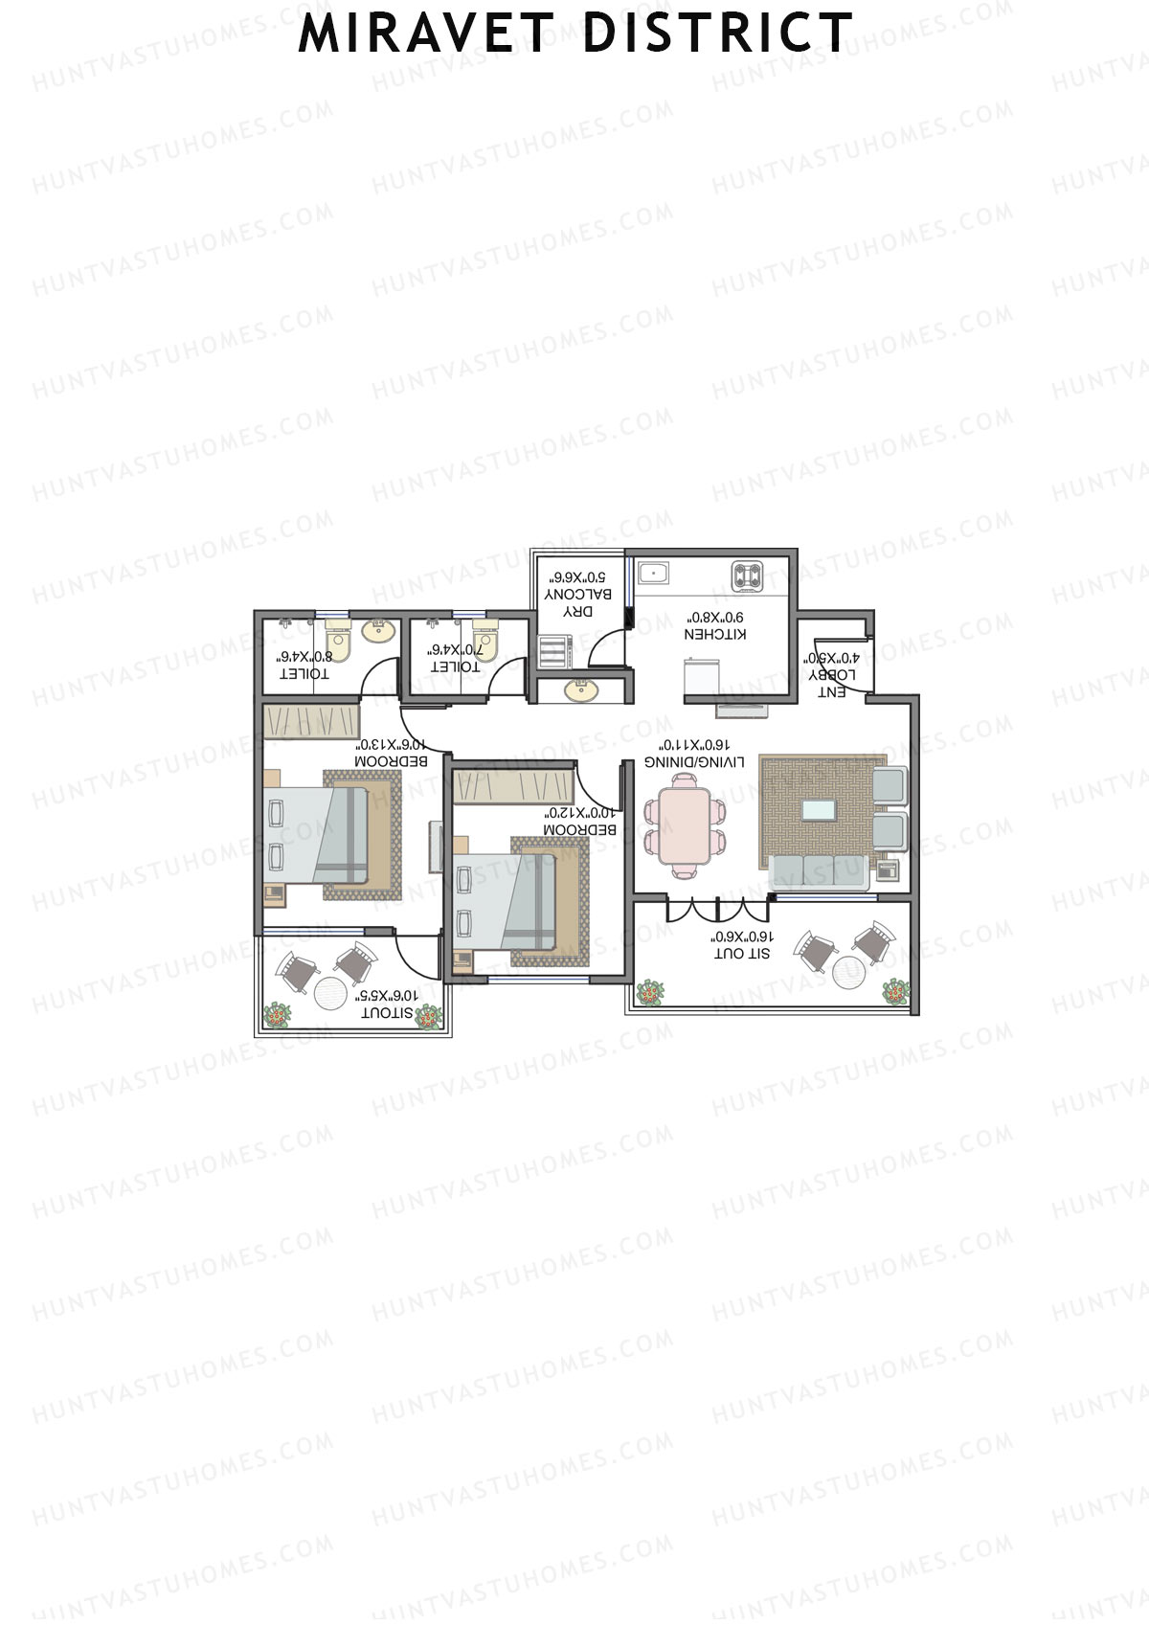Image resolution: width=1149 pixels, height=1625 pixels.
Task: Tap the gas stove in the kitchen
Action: (x=749, y=576)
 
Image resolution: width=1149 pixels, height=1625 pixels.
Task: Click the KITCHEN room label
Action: (x=715, y=634)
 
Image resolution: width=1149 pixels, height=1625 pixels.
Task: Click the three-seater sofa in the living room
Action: (x=820, y=870)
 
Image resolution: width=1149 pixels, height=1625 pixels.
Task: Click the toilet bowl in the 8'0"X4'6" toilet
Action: (x=337, y=640)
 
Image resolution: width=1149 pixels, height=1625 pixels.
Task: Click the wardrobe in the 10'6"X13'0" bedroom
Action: (x=311, y=721)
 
